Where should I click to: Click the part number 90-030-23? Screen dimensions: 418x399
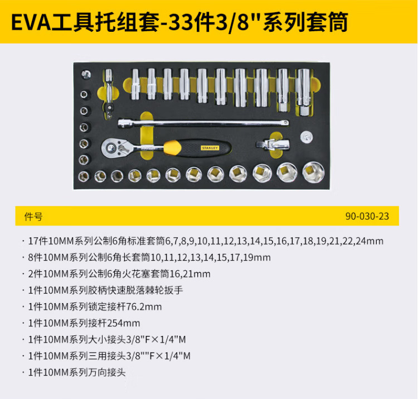[x=367, y=216]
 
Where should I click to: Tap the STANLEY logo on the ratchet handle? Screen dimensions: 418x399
[x=210, y=148]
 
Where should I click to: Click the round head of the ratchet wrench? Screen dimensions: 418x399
[x=110, y=147]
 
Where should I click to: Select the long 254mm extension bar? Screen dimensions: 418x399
[x=203, y=123]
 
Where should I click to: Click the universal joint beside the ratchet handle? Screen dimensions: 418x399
[x=273, y=145]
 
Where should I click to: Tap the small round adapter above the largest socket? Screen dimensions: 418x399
[x=307, y=137]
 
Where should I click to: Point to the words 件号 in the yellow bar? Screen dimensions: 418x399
[x=33, y=216]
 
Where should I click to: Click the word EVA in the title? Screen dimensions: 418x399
[x=31, y=22]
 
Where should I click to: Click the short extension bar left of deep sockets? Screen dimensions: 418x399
[x=109, y=93]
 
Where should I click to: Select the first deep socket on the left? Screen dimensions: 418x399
[x=135, y=84]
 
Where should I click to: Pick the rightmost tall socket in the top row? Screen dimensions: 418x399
[x=303, y=92]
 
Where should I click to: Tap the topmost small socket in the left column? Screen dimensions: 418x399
[x=86, y=74]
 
